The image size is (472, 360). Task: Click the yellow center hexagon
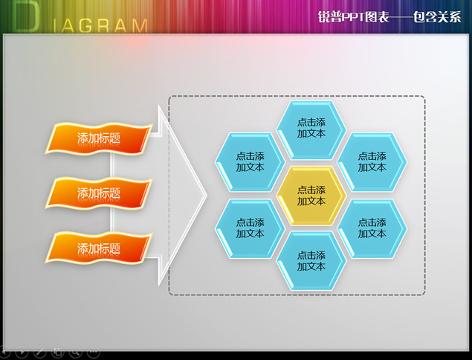pos(311,196)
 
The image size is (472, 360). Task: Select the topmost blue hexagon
pos(311,130)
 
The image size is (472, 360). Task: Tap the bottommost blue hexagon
pos(311,261)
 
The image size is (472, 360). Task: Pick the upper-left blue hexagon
pos(250,161)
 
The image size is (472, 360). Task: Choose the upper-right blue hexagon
pos(372,161)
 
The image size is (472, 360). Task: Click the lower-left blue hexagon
pos(250,228)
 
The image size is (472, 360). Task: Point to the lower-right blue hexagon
pos(372,228)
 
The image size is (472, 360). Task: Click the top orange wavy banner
pos(99,138)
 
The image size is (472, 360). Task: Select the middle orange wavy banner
pos(99,193)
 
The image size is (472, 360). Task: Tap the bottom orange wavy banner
pos(99,248)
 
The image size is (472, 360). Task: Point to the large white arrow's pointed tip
pos(207,195)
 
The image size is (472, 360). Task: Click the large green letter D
pos(27,17)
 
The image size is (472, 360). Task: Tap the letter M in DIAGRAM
pos(140,26)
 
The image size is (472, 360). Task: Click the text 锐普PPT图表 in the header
pos(353,16)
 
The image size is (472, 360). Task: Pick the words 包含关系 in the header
pos(437,16)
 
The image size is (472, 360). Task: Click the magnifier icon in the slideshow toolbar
pos(75,351)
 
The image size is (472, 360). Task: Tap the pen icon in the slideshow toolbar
pos(39,351)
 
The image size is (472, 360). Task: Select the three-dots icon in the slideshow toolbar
pos(94,351)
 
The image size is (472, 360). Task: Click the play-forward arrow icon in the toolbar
pos(22,351)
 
